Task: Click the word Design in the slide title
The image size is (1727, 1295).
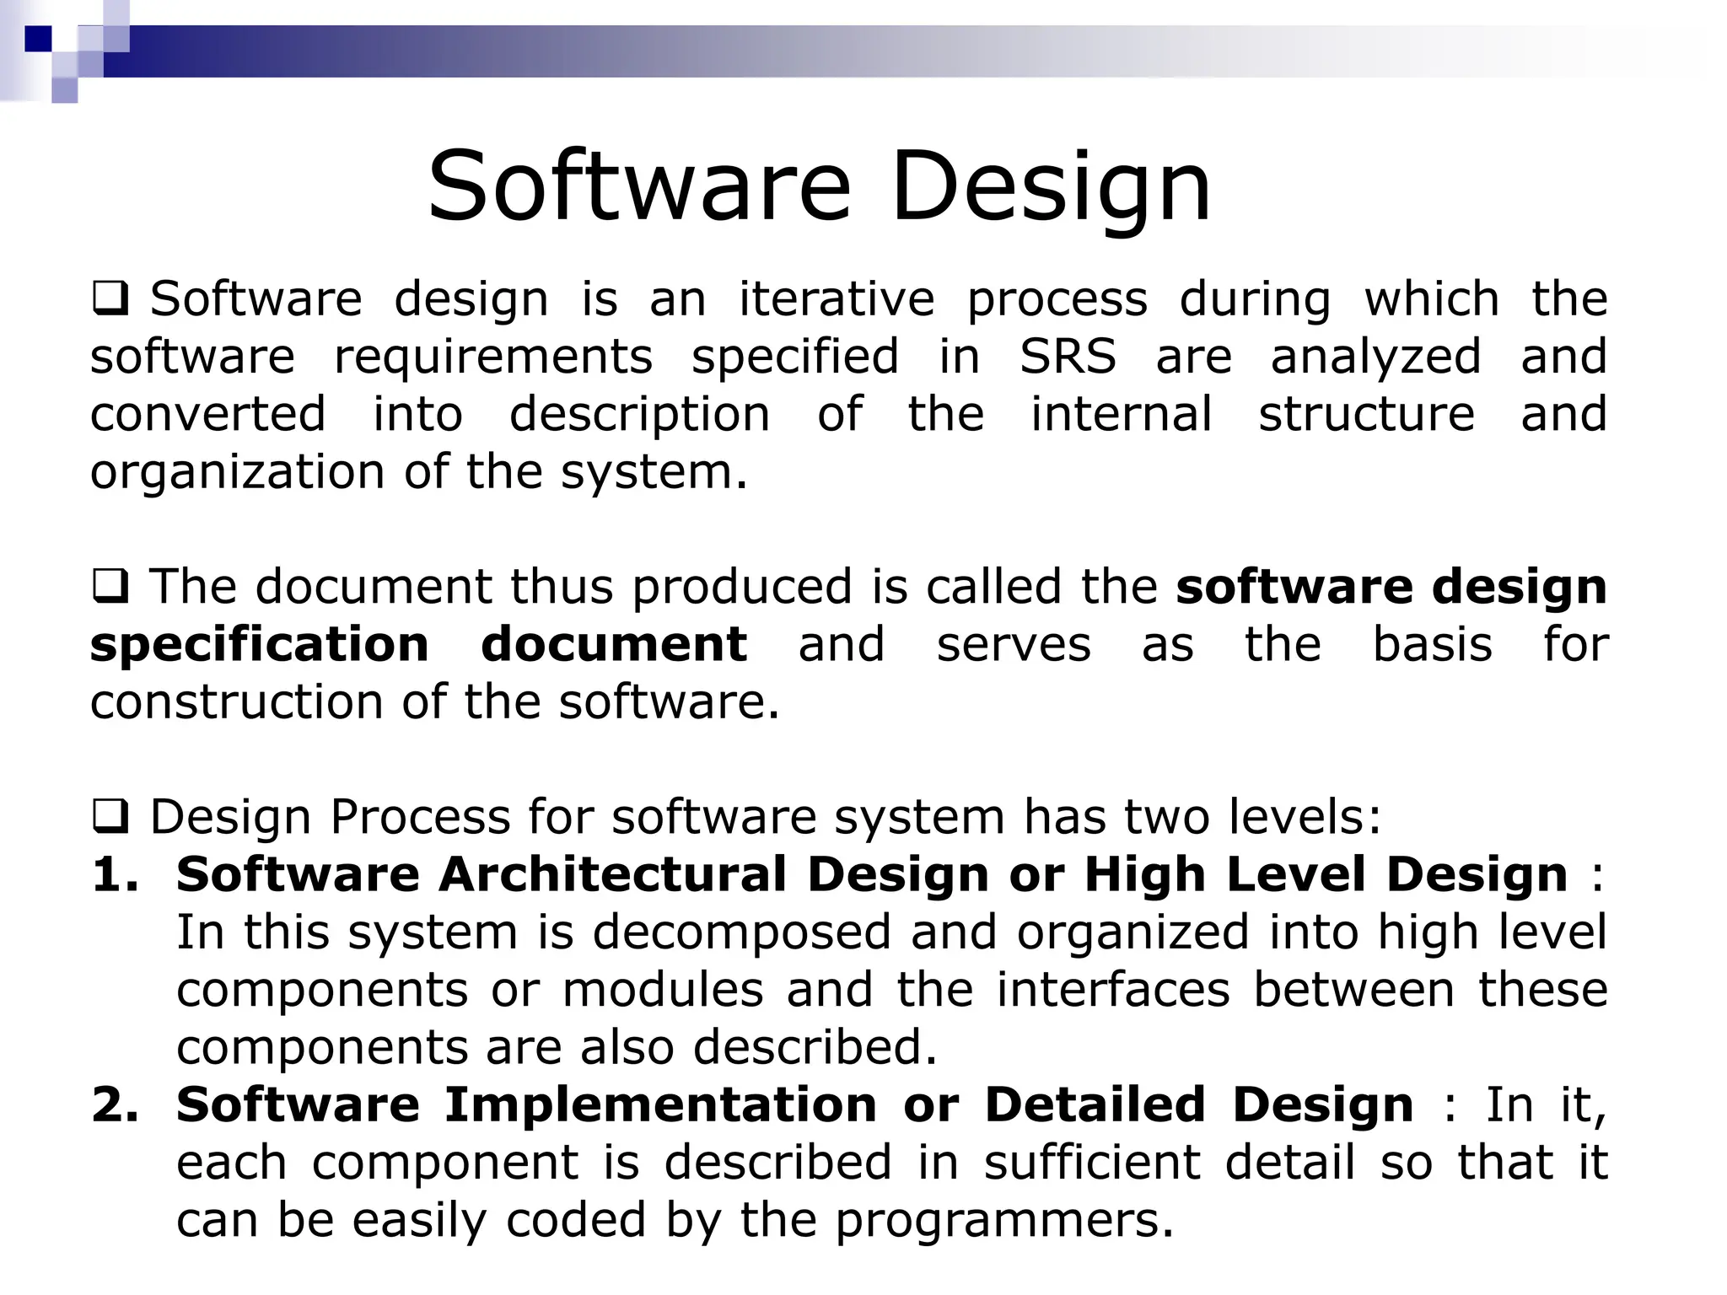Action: pos(1051,187)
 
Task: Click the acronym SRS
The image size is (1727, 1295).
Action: pos(1068,357)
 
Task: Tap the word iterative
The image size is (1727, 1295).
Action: pos(837,299)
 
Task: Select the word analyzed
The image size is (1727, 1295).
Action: pos(1375,357)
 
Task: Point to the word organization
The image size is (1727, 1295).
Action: pos(237,472)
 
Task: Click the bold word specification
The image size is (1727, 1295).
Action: pos(260,645)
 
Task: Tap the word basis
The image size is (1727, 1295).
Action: pos(1432,645)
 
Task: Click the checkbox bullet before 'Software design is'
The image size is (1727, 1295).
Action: pos(110,299)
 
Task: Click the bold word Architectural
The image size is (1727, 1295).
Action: pos(612,875)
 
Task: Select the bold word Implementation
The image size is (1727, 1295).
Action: pos(660,1105)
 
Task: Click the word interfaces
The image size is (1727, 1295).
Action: pos(1113,990)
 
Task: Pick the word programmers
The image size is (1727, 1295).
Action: pos(1003,1220)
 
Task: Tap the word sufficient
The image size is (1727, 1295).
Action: pos(1092,1163)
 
